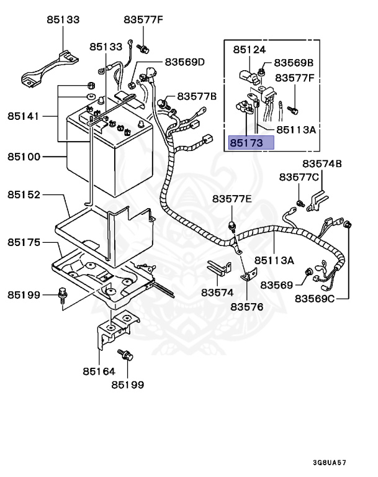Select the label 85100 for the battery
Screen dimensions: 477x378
click(24, 157)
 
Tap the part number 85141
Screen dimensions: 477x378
click(24, 116)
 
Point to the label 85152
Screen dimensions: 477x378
click(24, 194)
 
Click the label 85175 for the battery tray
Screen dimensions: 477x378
click(24, 242)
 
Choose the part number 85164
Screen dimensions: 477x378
click(99, 372)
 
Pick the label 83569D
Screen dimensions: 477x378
click(184, 62)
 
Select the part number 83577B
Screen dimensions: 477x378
click(197, 96)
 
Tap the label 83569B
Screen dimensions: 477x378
click(294, 63)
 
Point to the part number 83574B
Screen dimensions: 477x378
click(322, 164)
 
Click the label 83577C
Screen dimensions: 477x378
click(299, 177)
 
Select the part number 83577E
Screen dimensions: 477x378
click(232, 199)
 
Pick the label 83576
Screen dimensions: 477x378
click(247, 307)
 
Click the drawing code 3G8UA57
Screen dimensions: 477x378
click(330, 463)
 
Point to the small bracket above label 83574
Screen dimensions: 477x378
click(217, 268)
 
